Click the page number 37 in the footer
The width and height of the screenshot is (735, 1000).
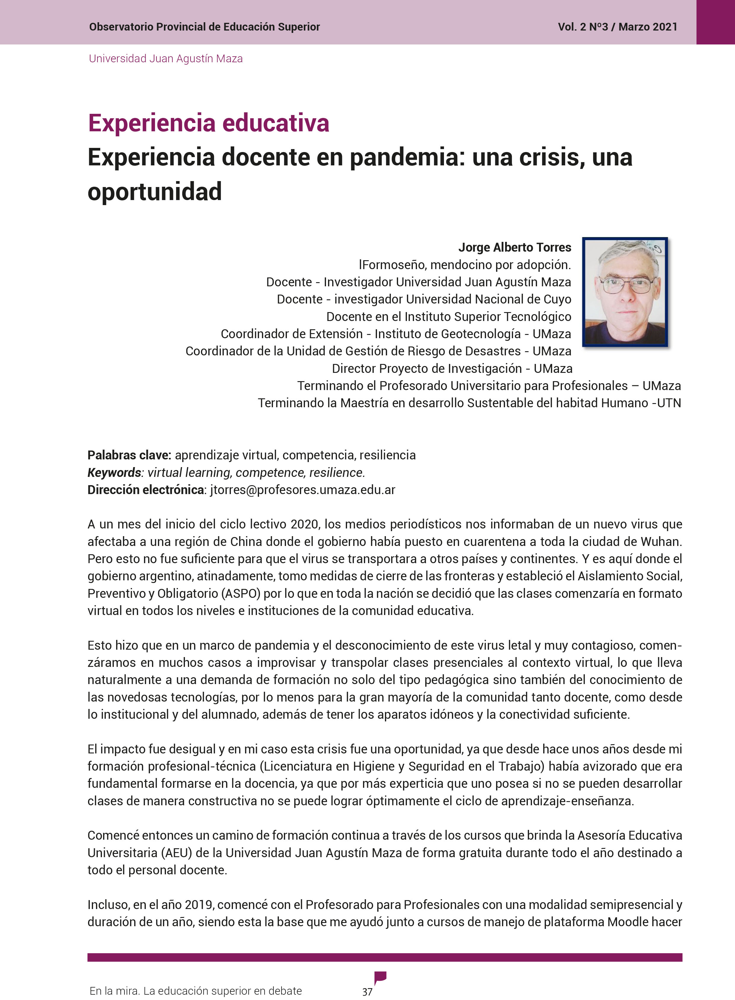(x=367, y=991)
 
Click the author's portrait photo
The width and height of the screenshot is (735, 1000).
(x=625, y=292)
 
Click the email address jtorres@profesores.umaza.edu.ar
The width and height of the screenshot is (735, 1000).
(x=303, y=490)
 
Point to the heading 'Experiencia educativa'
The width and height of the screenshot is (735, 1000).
(x=209, y=123)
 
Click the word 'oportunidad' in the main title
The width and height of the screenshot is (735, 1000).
(x=155, y=192)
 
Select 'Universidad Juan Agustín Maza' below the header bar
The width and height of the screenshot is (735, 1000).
(x=165, y=59)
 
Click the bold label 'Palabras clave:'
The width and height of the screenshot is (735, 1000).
(x=129, y=455)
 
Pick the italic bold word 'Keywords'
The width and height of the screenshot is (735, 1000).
(x=114, y=472)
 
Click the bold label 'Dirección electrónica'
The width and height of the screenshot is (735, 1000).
(x=146, y=490)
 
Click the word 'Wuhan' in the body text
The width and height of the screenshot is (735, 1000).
(x=660, y=542)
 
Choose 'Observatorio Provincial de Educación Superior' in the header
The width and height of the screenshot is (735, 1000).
(x=204, y=27)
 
